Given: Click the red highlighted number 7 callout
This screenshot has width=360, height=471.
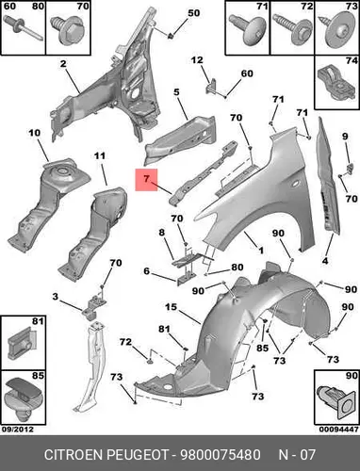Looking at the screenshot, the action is click(x=146, y=180).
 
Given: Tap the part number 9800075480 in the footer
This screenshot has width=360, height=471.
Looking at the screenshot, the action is click(x=220, y=455).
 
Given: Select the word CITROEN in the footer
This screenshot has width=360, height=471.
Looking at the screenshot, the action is click(x=74, y=455).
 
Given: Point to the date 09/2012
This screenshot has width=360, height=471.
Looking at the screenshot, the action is click(x=18, y=430).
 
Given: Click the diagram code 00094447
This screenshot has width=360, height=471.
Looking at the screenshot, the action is click(x=339, y=430).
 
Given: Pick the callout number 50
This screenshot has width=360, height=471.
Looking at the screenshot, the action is click(x=193, y=13).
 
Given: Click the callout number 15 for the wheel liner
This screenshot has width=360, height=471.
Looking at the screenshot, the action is click(x=171, y=307).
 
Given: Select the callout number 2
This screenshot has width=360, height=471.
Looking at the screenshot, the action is click(x=63, y=64).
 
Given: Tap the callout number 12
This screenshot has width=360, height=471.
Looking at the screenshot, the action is click(x=197, y=59).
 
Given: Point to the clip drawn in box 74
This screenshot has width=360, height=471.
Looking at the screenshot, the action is click(x=335, y=82).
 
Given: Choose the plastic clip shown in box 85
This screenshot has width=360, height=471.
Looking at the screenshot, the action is click(x=23, y=400).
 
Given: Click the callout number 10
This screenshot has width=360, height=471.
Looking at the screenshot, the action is click(x=34, y=133).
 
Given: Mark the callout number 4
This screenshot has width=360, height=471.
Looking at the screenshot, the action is click(x=325, y=260).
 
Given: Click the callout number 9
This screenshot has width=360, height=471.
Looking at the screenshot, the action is click(x=345, y=137).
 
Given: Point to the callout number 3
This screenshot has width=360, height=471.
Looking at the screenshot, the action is click(x=56, y=297).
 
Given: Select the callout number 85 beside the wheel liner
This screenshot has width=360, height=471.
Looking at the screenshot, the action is click(x=262, y=348).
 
